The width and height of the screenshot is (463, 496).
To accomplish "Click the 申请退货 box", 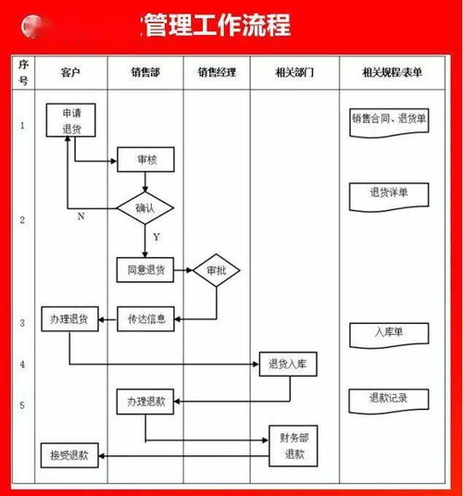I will pyautogui.click(x=71, y=121).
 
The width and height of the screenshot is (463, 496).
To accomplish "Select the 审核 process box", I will pyautogui.click(x=146, y=160).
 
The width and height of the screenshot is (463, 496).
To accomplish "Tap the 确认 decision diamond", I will pyautogui.click(x=146, y=207).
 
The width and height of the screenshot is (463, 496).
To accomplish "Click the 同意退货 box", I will pyautogui.click(x=146, y=270).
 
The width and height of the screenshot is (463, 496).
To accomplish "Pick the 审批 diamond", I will pyautogui.click(x=216, y=270).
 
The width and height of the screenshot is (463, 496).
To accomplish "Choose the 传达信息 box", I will pyautogui.click(x=146, y=319).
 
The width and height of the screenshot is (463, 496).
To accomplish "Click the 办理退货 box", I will pyautogui.click(x=69, y=319).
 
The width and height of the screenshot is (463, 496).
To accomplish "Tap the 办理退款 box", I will pyautogui.click(x=145, y=402).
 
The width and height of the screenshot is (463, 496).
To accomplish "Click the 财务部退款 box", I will pyautogui.click(x=294, y=447).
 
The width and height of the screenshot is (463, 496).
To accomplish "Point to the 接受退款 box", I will pyautogui.click(x=69, y=454).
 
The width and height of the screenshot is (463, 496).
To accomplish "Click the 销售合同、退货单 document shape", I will pyautogui.click(x=388, y=120).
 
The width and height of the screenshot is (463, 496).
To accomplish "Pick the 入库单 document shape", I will pyautogui.click(x=388, y=332).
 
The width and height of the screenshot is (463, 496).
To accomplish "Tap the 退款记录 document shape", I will pyautogui.click(x=388, y=400).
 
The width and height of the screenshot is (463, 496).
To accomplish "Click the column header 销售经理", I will pyautogui.click(x=217, y=71).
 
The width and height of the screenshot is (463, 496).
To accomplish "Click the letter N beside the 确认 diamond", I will pyautogui.click(x=81, y=216).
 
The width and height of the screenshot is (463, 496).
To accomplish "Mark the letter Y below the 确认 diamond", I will pyautogui.click(x=156, y=237).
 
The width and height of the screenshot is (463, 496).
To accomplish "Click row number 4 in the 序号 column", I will pyautogui.click(x=22, y=365).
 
